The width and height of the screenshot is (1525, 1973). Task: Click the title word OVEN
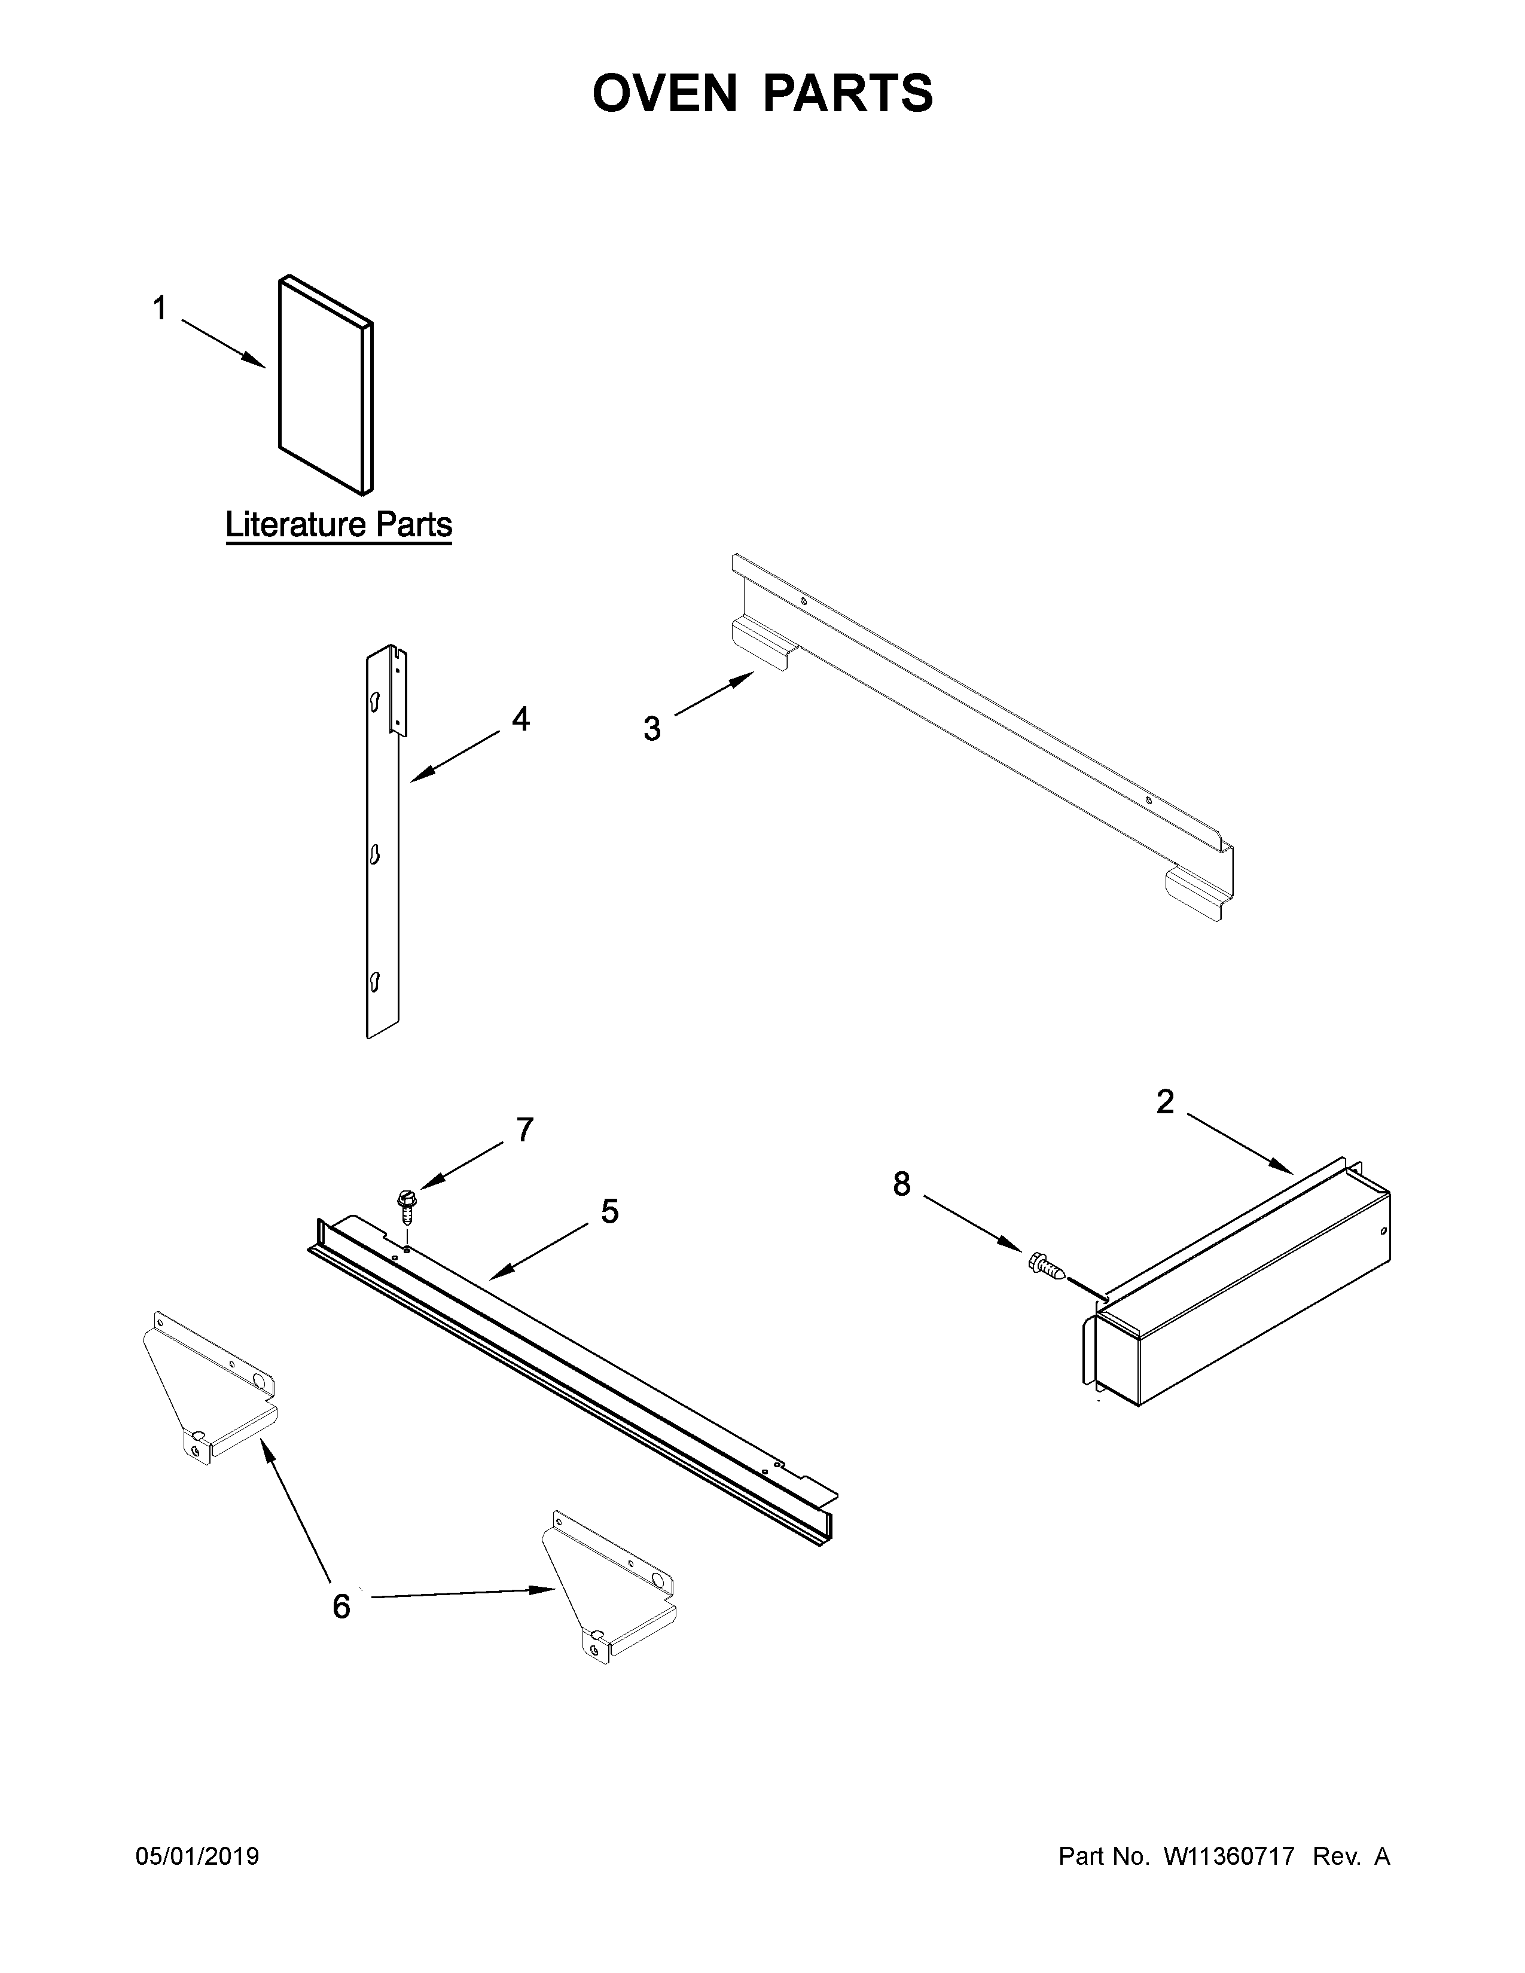(x=664, y=93)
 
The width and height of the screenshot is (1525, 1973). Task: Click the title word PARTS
(x=849, y=93)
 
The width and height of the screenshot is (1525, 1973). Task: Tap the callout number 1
(x=160, y=309)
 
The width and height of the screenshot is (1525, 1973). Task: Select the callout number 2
(x=1166, y=1101)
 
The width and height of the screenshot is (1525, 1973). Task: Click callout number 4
(x=520, y=719)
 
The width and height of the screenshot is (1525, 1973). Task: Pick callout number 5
(x=610, y=1211)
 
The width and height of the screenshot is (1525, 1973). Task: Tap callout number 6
(x=341, y=1607)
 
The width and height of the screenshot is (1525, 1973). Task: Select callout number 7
(x=524, y=1129)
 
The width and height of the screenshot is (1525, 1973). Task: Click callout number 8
(x=902, y=1183)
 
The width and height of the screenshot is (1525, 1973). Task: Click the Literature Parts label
(x=338, y=525)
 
